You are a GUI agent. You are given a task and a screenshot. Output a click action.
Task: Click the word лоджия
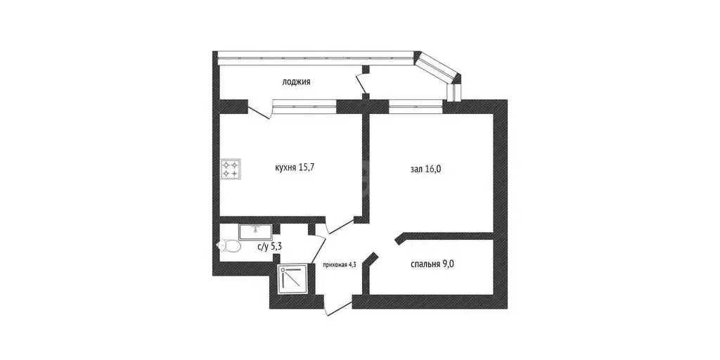click(x=296, y=83)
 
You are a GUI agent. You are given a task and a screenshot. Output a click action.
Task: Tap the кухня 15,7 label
click(x=294, y=167)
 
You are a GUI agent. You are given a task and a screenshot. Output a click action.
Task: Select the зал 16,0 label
click(x=425, y=169)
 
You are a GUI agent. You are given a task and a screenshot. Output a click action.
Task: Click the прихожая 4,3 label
click(x=340, y=264)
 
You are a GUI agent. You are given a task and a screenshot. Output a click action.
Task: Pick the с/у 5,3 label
click(x=269, y=247)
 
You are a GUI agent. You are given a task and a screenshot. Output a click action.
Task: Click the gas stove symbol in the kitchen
click(x=230, y=169)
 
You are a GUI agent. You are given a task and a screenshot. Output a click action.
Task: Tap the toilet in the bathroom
click(x=229, y=247)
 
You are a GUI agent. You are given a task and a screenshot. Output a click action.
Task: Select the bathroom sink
click(x=256, y=232)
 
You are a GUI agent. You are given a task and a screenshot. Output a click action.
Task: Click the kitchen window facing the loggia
click(x=304, y=105)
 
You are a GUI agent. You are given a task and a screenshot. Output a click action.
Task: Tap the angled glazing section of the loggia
click(x=437, y=67)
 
